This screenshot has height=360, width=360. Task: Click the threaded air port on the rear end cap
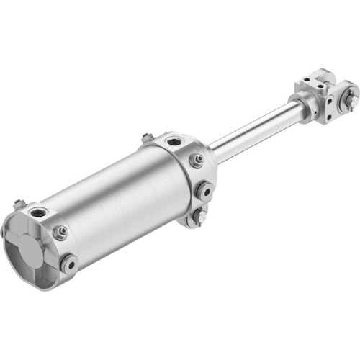(x=35, y=213)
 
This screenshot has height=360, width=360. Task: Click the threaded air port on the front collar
(x=174, y=141)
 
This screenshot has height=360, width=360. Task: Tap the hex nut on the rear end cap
(x=60, y=232)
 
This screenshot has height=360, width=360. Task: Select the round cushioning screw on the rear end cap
(x=69, y=262)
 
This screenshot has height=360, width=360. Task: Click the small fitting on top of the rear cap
(x=19, y=204)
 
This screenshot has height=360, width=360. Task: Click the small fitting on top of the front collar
(x=147, y=137)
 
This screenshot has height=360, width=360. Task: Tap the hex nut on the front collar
(x=196, y=161)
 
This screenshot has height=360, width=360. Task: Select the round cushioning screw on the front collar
(x=204, y=190)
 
